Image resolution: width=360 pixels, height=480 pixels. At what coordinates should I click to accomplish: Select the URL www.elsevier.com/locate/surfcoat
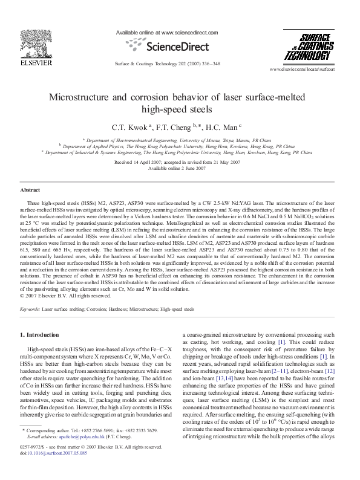pyautogui.click(x=309, y=70)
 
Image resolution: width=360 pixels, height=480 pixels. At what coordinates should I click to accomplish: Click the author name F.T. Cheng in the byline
pyautogui.click(x=176, y=127)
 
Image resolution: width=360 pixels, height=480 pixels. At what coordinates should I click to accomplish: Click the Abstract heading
pyautogui.click(x=30, y=189)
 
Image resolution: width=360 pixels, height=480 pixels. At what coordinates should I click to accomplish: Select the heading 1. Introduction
pyautogui.click(x=39, y=334)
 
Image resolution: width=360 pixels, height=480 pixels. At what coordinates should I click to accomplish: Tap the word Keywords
pyautogui.click(x=30, y=308)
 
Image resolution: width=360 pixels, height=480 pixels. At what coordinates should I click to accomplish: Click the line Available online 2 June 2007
pyautogui.click(x=180, y=169)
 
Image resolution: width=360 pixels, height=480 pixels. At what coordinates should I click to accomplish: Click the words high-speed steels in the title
pyautogui.click(x=180, y=110)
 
